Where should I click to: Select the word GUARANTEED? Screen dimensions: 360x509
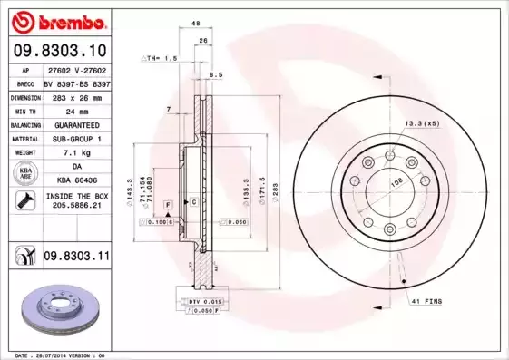75,124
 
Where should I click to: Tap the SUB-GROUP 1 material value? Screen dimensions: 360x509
75,139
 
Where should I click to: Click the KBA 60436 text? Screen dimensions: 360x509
75,181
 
